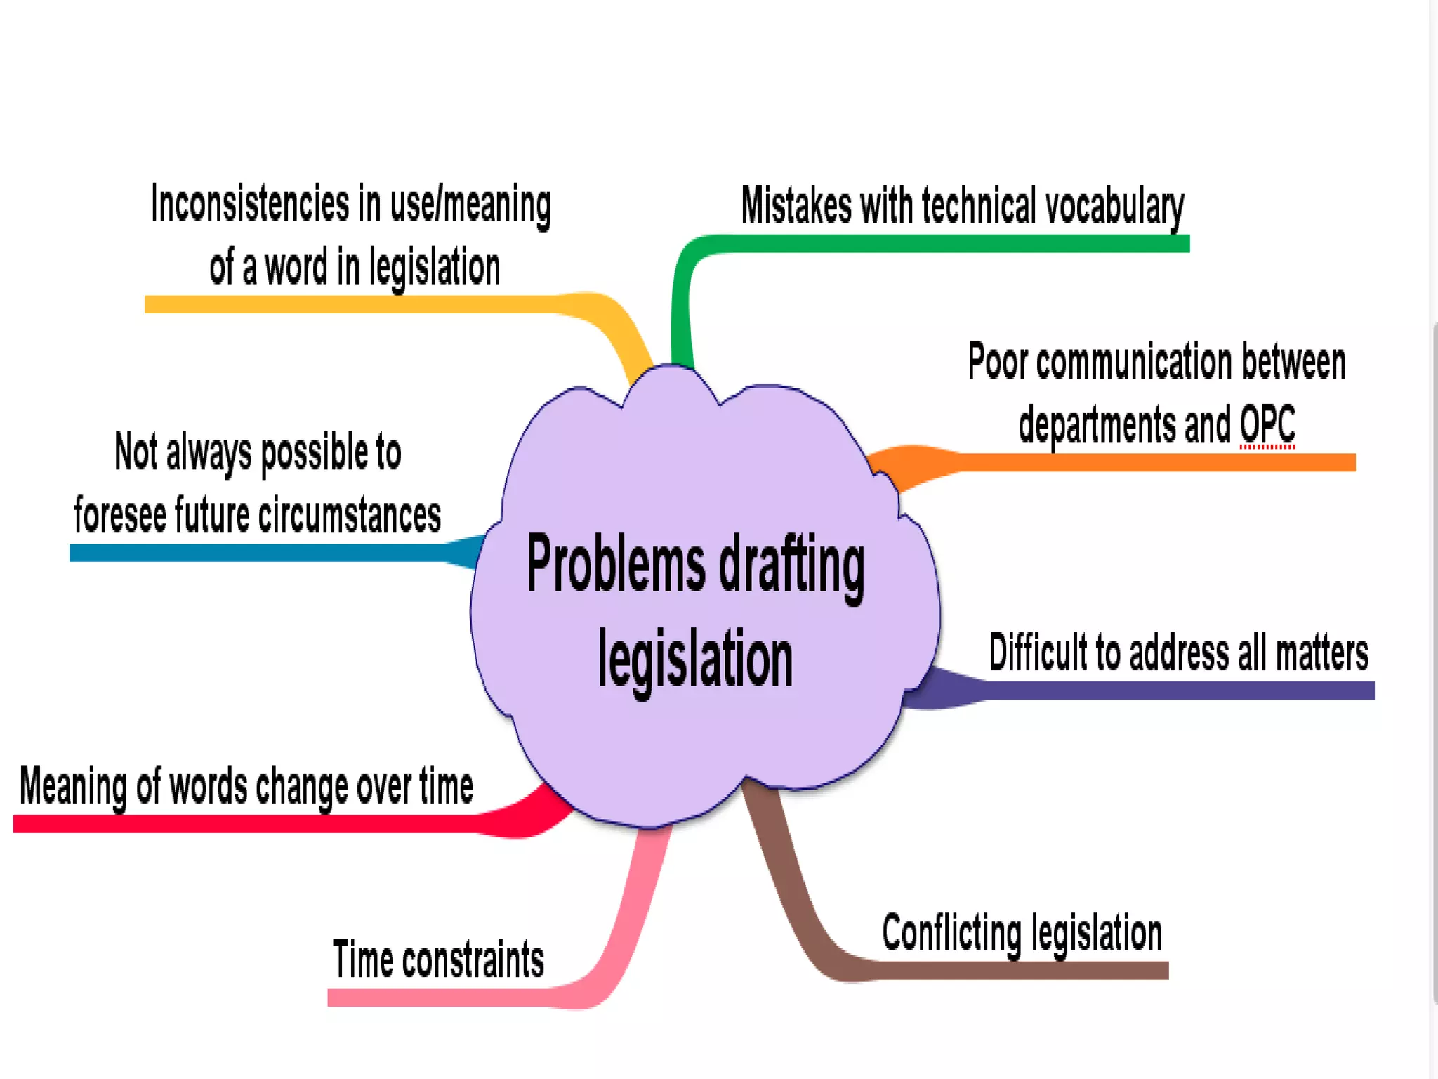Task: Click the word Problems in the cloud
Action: [616, 563]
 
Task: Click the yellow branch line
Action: [351, 304]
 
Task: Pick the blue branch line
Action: [260, 553]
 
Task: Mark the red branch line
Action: [246, 823]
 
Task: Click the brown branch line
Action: [1018, 970]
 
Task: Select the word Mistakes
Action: [796, 206]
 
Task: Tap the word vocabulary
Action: [1114, 207]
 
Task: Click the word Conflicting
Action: [951, 933]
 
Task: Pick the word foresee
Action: [119, 515]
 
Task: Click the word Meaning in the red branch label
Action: [73, 786]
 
